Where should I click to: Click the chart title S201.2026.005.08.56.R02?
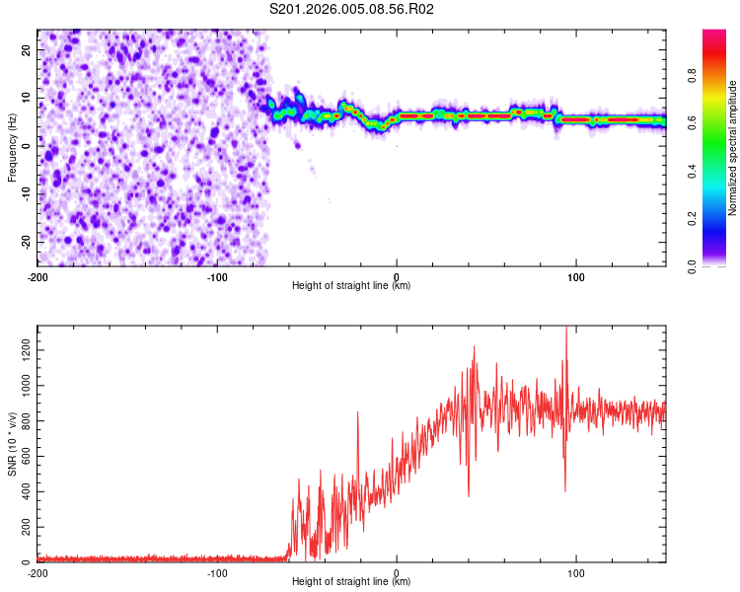[x=352, y=9]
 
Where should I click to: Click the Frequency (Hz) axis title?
[x=12, y=147]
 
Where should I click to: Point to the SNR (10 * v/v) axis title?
[x=12, y=443]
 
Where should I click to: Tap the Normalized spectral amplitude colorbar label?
[x=733, y=148]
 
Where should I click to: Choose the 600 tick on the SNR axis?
[x=24, y=457]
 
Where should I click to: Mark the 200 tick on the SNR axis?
[x=24, y=528]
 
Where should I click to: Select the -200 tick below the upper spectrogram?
[x=37, y=276]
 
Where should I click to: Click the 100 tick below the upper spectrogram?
[x=575, y=276]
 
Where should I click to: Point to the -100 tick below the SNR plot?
[x=217, y=572]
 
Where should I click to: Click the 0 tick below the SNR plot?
[x=397, y=572]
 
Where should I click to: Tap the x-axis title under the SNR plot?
[x=351, y=582]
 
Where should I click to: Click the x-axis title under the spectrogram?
[x=351, y=286]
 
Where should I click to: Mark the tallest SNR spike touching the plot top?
[x=566, y=330]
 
